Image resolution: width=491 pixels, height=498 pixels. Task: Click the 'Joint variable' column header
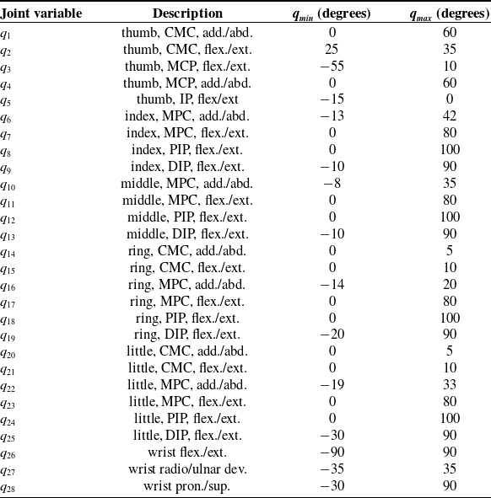click(x=38, y=13)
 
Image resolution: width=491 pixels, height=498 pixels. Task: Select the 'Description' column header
click(x=188, y=13)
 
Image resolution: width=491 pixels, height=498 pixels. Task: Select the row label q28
click(x=9, y=487)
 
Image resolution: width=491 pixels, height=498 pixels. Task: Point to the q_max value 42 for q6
click(x=450, y=116)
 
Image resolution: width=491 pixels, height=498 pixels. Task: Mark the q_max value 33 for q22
click(x=450, y=385)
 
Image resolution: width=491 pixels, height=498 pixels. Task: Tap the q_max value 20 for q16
click(x=450, y=284)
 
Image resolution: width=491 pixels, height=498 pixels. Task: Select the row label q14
click(x=9, y=251)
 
